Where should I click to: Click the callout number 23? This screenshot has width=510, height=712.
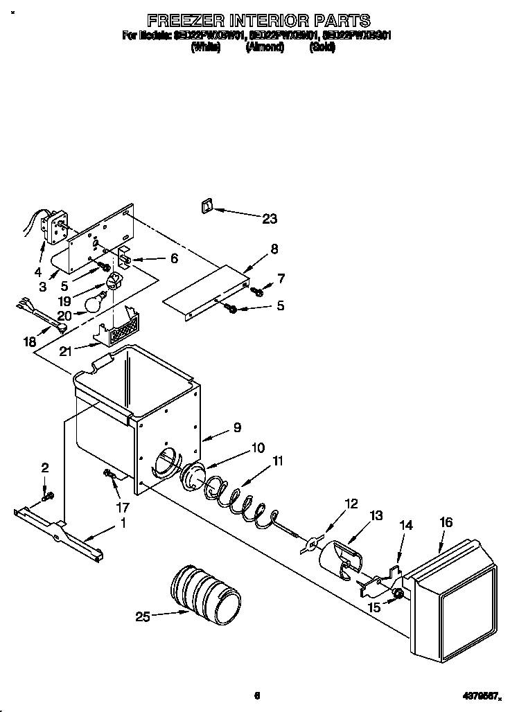pyautogui.click(x=269, y=219)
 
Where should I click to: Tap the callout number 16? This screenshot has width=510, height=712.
pyautogui.click(x=446, y=522)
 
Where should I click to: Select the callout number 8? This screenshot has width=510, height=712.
pyautogui.click(x=274, y=248)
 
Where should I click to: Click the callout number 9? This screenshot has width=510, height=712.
pyautogui.click(x=237, y=427)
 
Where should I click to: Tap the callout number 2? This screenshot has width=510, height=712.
pyautogui.click(x=45, y=468)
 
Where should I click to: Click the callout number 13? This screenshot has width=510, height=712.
pyautogui.click(x=376, y=515)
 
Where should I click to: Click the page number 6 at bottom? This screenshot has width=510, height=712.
pyautogui.click(x=256, y=695)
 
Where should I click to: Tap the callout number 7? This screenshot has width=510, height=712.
pyautogui.click(x=281, y=278)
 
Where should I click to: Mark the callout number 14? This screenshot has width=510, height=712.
pyautogui.click(x=405, y=526)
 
